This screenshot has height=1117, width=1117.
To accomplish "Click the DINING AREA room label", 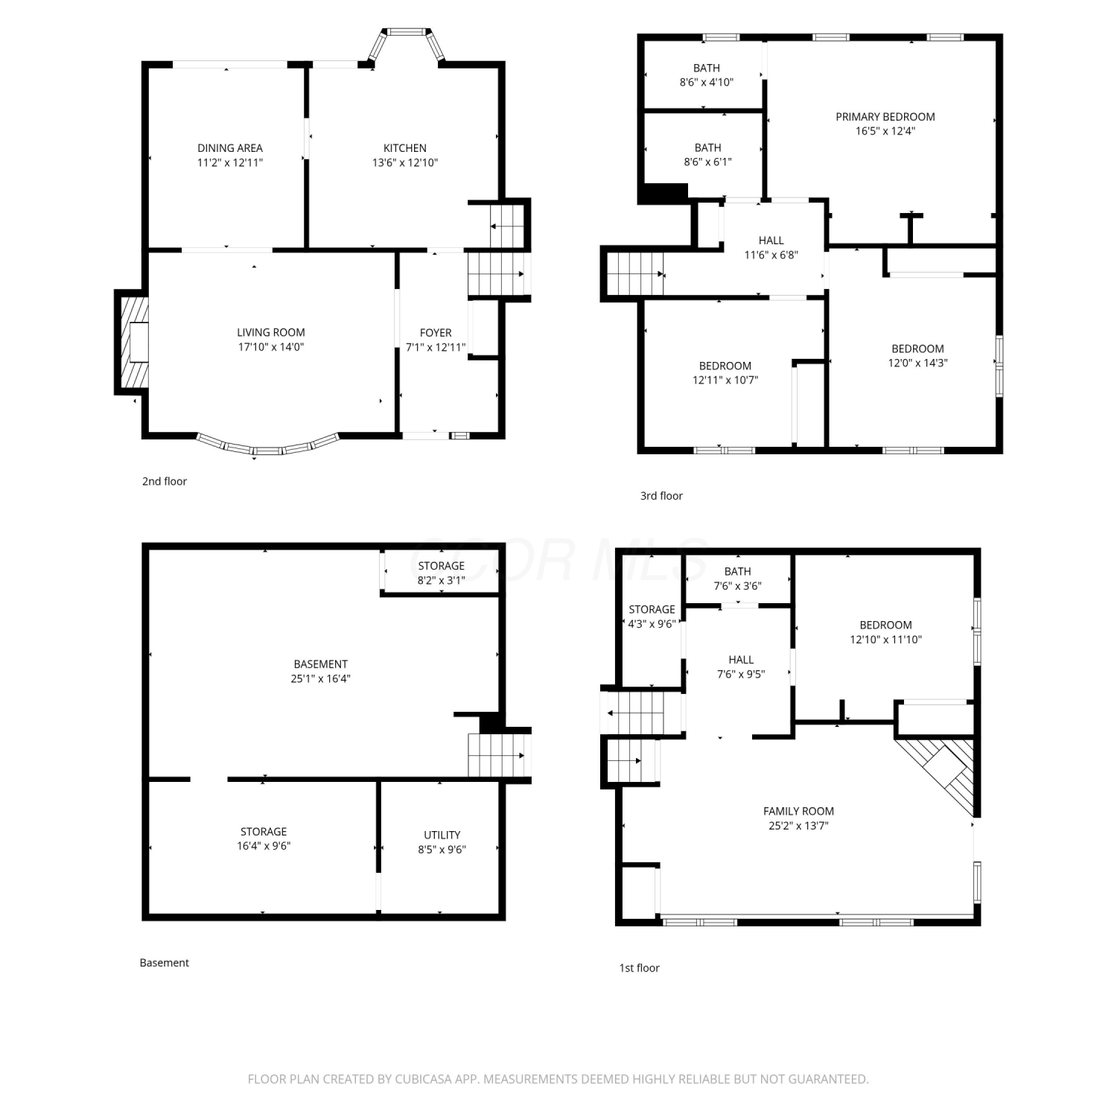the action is [x=230, y=148].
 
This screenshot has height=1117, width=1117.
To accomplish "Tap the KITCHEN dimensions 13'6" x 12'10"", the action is [x=405, y=162].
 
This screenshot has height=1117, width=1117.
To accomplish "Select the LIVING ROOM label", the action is [x=271, y=332].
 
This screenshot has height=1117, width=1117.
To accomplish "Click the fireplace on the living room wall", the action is [x=133, y=342].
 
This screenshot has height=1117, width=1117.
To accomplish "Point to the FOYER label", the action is [x=436, y=333].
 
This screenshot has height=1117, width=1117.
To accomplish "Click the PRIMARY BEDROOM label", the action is [x=885, y=117].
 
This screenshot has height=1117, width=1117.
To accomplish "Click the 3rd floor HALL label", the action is [x=771, y=241].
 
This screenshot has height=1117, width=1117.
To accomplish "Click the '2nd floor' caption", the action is [x=165, y=481].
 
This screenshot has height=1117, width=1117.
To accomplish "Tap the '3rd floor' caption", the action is [x=661, y=496].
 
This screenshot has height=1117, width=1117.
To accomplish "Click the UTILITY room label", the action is [x=442, y=835].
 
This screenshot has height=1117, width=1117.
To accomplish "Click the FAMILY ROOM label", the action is [x=799, y=811].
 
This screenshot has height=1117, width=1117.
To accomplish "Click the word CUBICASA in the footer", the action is [x=424, y=1079].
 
